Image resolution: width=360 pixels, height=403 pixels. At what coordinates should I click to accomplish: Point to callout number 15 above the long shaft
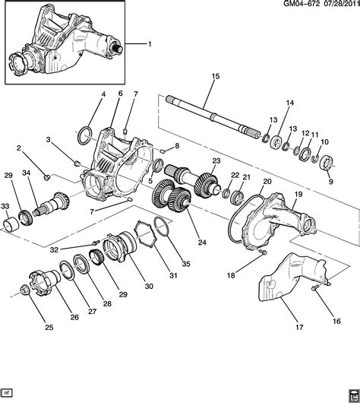tap(215, 77)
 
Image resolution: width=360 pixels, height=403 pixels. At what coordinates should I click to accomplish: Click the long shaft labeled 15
tap(213, 114)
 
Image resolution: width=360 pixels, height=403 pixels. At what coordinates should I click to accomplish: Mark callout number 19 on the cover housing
tap(298, 195)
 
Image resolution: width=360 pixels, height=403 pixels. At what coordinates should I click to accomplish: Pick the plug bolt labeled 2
tap(46, 177)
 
